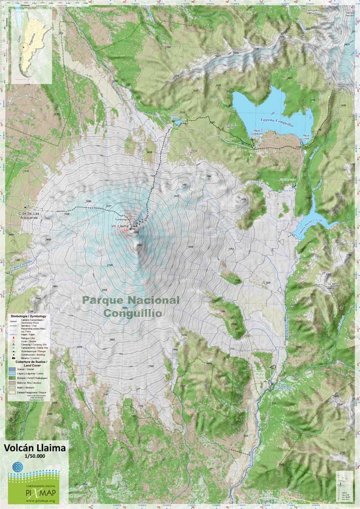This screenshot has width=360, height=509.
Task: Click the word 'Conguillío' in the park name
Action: click(133, 313)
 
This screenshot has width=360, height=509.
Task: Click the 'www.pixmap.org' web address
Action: click(33, 501)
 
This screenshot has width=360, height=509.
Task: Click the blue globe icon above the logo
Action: click(18, 466)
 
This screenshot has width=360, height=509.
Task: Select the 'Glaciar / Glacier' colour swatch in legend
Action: click(12, 369)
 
